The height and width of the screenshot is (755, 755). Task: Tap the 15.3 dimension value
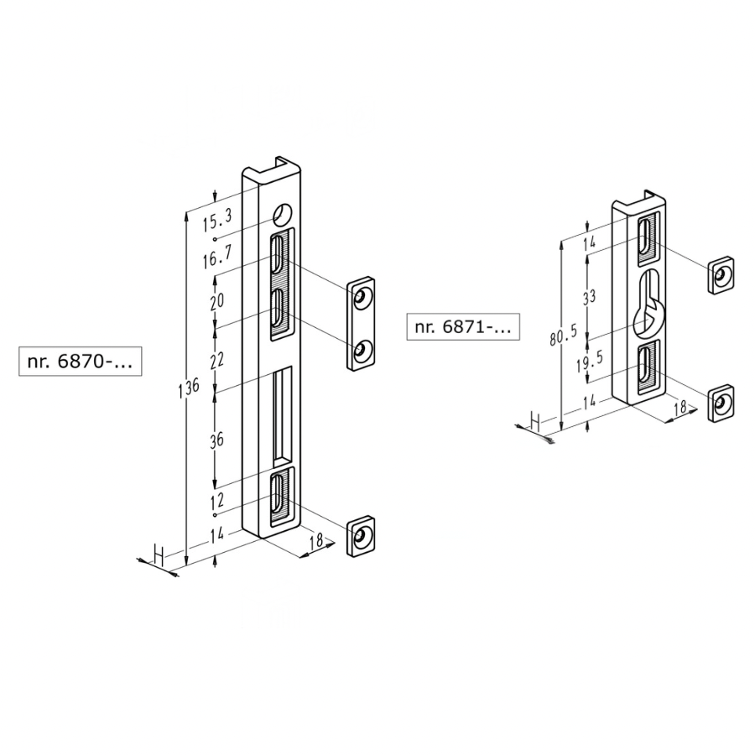click(216, 222)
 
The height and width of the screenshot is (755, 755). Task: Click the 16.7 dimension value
click(216, 259)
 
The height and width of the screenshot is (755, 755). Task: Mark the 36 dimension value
click(216, 440)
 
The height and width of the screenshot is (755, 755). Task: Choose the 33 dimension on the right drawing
click(591, 296)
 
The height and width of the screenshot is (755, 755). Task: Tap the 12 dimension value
click(216, 500)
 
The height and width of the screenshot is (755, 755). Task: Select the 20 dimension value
click(217, 301)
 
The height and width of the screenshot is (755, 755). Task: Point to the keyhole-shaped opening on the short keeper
click(647, 307)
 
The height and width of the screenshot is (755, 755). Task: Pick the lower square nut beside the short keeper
click(721, 404)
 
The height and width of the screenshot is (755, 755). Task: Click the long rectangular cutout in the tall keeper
click(283, 416)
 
